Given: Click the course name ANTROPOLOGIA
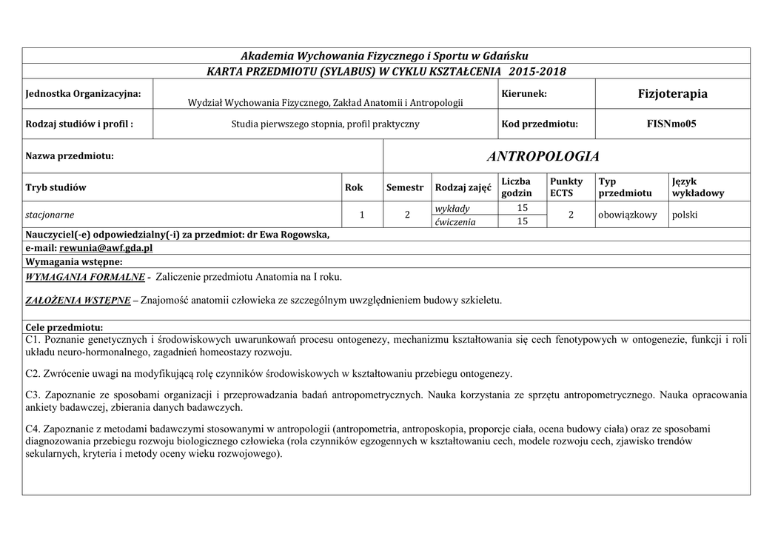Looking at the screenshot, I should click(x=543, y=156).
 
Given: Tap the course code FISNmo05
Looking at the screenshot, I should click(x=671, y=124).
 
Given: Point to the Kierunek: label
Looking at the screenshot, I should click(x=524, y=93).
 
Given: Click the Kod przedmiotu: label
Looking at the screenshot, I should click(x=539, y=124).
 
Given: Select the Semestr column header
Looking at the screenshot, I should click(x=405, y=187).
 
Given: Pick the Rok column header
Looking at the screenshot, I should click(x=354, y=187).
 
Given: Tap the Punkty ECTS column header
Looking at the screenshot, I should click(x=566, y=187).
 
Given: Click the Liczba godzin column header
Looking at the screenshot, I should click(x=517, y=187).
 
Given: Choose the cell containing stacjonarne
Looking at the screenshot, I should click(x=50, y=215).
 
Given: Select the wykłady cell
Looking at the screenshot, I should click(x=452, y=208).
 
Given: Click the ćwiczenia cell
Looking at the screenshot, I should click(x=455, y=221).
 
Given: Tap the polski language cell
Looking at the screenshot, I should click(x=685, y=215).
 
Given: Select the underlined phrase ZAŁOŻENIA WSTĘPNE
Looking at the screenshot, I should click(x=75, y=300).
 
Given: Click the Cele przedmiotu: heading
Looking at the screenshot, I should click(x=64, y=327).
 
